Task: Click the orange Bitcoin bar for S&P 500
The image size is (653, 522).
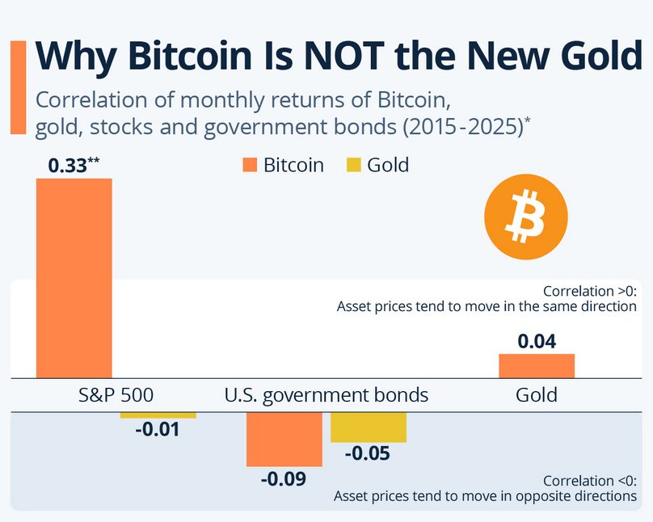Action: point(74,277)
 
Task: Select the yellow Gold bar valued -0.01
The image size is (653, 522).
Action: point(158,415)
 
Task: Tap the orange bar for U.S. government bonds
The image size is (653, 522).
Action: point(284,439)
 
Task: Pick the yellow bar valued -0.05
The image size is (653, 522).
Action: point(369,427)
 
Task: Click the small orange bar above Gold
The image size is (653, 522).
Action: point(537,366)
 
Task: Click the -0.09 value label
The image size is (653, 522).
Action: point(283,478)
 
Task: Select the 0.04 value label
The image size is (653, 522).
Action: point(537,341)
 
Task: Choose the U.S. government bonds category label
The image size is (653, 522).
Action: point(326,395)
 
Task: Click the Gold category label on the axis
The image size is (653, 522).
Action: point(537,395)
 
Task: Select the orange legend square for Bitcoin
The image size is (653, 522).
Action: point(249,166)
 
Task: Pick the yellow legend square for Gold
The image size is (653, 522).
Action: point(352,166)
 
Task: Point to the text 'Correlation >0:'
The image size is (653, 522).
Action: point(589,291)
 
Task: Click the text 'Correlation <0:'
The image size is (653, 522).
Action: point(589,480)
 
